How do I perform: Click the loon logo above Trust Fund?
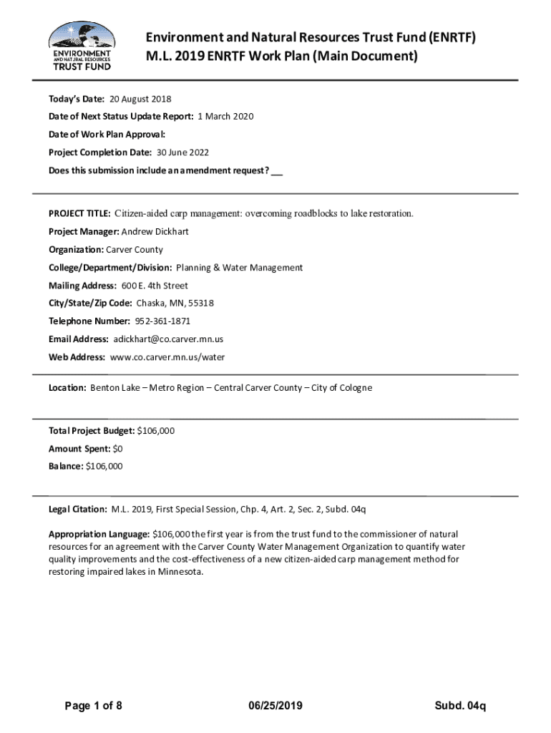(80, 35)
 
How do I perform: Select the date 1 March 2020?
(225, 117)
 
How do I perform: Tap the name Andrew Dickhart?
(155, 232)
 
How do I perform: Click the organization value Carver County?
(135, 250)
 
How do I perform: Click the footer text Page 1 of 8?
(93, 707)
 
